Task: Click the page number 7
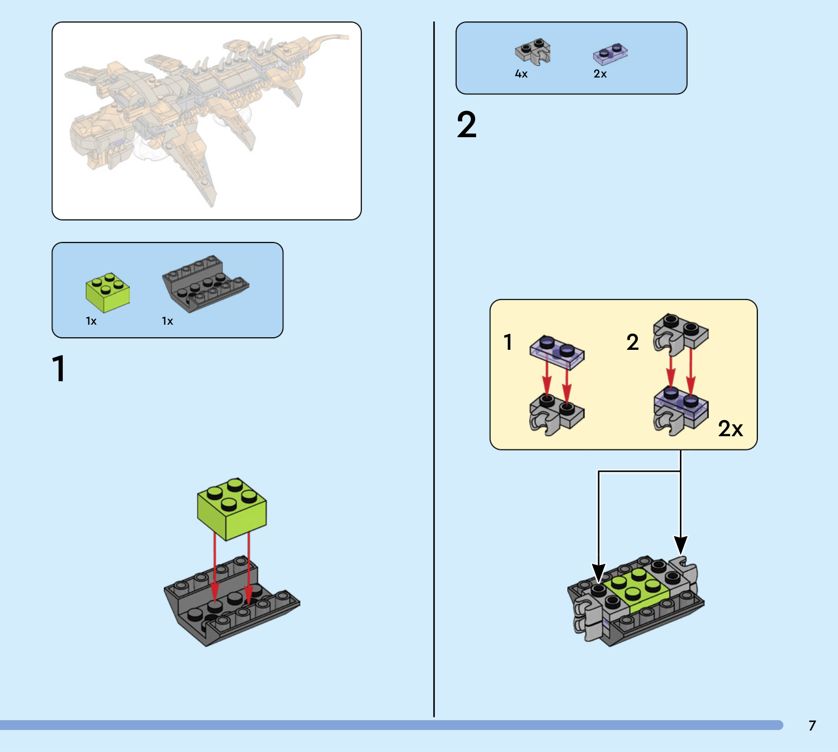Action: (x=812, y=725)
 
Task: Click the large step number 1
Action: (x=59, y=368)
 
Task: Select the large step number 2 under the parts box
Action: (x=467, y=125)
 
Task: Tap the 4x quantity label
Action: (x=521, y=74)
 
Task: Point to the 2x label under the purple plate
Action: (x=600, y=74)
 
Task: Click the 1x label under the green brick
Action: (x=91, y=321)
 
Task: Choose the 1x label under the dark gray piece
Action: (x=167, y=321)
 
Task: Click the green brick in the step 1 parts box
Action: (x=108, y=292)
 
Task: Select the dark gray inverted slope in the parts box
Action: (x=205, y=283)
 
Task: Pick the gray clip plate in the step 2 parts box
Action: (x=533, y=51)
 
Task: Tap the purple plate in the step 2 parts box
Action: (x=610, y=54)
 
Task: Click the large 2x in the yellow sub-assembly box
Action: (x=730, y=429)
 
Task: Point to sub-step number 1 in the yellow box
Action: (x=508, y=342)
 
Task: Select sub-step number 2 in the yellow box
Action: (x=633, y=342)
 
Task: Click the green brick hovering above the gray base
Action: (x=232, y=508)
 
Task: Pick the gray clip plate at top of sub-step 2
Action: (x=680, y=334)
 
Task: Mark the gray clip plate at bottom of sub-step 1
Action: (x=556, y=414)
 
